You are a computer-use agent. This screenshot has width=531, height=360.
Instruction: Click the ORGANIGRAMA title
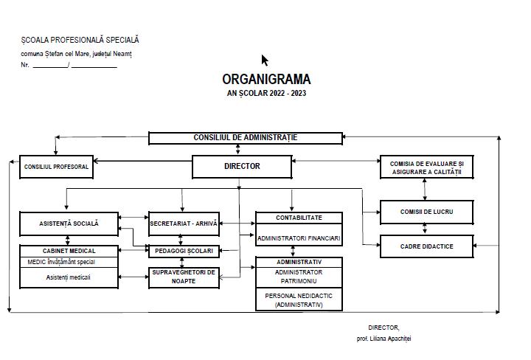click(266, 79)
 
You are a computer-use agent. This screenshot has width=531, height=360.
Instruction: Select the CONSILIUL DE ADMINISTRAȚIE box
click(246, 138)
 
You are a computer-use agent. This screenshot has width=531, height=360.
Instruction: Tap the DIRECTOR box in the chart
click(242, 167)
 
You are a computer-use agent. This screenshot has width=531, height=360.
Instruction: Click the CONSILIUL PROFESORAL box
click(56, 167)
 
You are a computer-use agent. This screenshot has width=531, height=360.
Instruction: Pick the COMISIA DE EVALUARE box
click(426, 167)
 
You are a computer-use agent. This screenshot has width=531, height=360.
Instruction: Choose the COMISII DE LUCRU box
click(426, 212)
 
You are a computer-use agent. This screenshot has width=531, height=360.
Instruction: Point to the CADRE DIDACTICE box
click(426, 246)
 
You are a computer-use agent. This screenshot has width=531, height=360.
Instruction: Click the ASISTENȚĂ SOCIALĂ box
click(68, 223)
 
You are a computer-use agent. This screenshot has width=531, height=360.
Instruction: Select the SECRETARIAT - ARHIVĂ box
click(184, 223)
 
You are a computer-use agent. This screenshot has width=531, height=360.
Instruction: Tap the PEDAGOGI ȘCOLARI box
click(184, 251)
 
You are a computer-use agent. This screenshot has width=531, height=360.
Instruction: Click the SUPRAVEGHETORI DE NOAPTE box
click(184, 277)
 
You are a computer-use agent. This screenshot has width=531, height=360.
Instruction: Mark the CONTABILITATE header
click(299, 218)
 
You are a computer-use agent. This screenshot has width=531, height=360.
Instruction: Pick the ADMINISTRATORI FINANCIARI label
click(299, 239)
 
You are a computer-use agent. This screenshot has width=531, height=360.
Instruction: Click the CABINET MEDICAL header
click(68, 251)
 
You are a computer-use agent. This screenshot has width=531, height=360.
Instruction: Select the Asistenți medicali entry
click(68, 277)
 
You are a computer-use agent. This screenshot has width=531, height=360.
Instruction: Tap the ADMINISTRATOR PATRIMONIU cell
click(299, 277)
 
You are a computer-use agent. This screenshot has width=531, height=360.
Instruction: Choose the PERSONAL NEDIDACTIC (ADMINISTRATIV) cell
click(299, 300)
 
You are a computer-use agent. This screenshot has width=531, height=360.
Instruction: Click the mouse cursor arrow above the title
click(264, 60)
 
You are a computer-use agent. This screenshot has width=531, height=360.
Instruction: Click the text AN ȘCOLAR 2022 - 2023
click(266, 94)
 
